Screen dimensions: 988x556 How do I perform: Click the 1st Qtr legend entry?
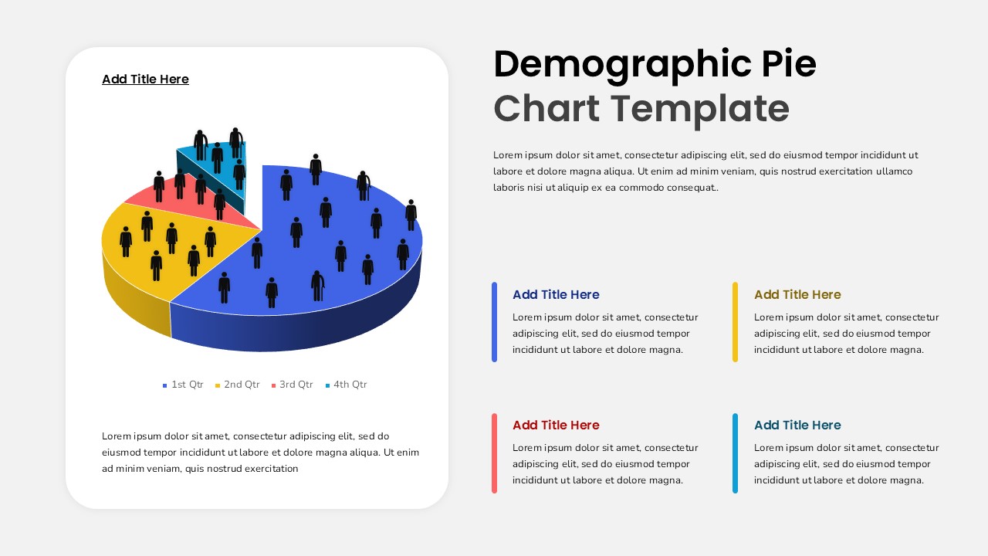(183, 385)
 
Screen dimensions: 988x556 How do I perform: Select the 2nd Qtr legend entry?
(237, 385)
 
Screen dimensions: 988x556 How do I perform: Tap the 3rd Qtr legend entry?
(292, 385)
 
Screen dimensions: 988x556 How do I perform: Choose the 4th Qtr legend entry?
(347, 385)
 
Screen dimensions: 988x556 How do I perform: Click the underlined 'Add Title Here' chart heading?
(146, 79)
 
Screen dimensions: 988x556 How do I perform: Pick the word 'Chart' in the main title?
(546, 109)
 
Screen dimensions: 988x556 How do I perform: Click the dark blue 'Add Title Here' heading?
(556, 294)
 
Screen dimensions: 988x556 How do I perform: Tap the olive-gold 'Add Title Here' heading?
(797, 294)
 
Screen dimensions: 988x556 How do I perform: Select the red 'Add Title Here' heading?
(556, 425)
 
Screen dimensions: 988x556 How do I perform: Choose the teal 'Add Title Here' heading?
(797, 425)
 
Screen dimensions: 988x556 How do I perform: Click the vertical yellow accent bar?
(736, 322)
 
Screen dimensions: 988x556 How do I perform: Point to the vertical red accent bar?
(495, 453)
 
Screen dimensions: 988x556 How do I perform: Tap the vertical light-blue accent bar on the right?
(736, 453)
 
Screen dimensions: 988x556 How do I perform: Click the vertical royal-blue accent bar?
(495, 322)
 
